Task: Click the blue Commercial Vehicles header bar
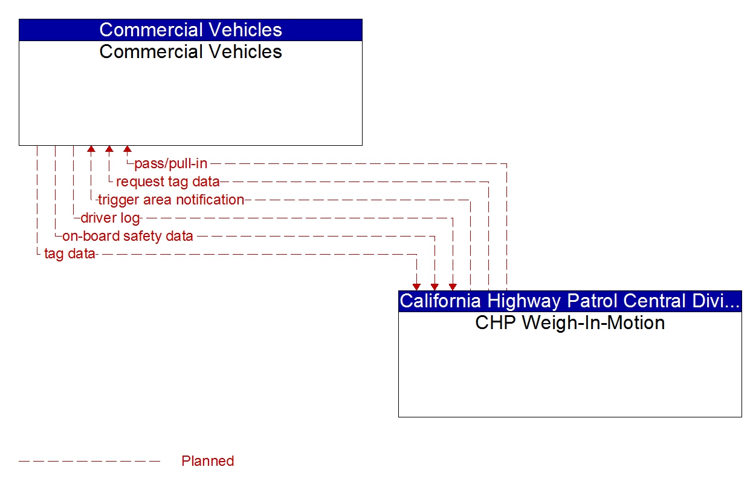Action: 190,30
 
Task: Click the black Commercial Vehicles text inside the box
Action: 190,52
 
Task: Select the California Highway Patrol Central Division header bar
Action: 570,301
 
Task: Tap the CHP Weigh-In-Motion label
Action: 570,322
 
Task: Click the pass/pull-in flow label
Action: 170,163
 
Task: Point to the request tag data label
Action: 167,181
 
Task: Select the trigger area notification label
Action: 171,200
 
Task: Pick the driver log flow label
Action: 110,218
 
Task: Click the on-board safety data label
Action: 128,236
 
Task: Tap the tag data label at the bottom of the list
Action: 69,254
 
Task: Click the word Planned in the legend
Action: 207,461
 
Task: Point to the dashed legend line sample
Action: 89,462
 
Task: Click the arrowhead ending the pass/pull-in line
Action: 128,149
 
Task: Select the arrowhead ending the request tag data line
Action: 109,149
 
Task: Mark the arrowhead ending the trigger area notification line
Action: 91,149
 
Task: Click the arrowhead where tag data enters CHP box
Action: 416,287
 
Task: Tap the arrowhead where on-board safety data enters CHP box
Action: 435,287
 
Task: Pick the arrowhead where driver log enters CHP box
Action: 453,287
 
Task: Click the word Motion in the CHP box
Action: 637,322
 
